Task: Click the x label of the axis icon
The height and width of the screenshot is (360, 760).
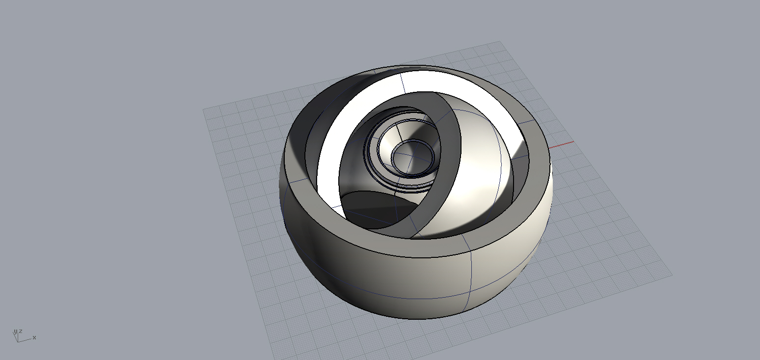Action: coord(34,337)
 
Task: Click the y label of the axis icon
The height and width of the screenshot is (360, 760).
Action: coord(15,332)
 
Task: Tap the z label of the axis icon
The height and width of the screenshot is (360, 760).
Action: coord(21,331)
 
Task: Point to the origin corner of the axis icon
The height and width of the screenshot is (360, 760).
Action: coord(18,341)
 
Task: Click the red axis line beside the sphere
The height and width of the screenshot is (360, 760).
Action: coord(561,144)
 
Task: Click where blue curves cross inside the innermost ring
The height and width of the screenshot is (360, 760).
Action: coord(412,156)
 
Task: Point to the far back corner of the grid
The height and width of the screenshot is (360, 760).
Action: coord(499,41)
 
